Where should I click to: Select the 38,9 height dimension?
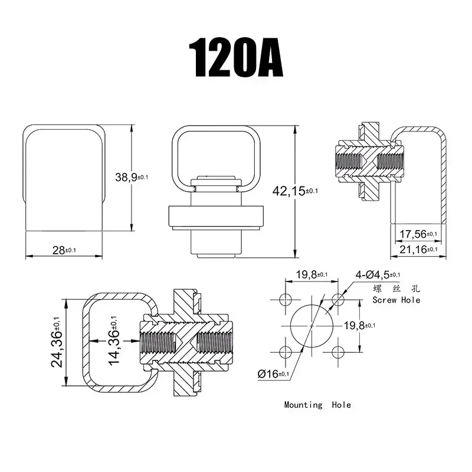[x=132, y=177]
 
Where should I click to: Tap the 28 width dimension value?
[x=64, y=250]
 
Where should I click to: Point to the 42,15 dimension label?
[x=295, y=191]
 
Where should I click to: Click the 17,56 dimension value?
[x=418, y=234]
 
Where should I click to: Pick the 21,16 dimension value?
[x=418, y=249]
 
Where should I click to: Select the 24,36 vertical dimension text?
[x=57, y=342]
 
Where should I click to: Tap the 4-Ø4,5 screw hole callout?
[x=378, y=274]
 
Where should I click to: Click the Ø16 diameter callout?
[x=273, y=374]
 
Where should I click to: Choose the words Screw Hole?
[x=396, y=300]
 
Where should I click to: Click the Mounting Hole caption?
[x=317, y=405]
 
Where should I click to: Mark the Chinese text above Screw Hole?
[x=396, y=289]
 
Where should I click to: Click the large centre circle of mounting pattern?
[x=312, y=326]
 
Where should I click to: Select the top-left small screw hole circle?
[x=286, y=300]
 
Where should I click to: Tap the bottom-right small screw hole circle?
[x=338, y=352]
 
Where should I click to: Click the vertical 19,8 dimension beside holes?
[x=360, y=326]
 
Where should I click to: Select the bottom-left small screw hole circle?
[x=286, y=352]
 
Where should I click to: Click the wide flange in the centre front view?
[x=216, y=216]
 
